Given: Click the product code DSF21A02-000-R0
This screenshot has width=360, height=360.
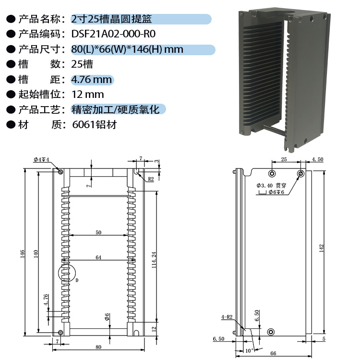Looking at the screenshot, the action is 113,34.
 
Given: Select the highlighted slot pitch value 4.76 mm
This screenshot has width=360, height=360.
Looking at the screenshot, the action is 91,80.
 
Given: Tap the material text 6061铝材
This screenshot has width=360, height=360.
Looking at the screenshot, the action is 95,125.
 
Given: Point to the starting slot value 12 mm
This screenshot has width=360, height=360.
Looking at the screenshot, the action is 88,95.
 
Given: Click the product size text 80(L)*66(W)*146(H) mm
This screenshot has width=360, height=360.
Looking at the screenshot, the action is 127,49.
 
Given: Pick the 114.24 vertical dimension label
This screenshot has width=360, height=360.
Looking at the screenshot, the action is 154,260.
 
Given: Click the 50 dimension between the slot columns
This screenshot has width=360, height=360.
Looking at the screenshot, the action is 98,232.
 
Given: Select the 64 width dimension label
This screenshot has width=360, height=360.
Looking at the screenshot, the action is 98,257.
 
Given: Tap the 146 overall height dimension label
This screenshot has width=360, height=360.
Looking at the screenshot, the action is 22,254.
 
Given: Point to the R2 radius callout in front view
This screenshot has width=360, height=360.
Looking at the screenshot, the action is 151,179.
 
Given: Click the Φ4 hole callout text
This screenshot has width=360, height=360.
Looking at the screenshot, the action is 41,159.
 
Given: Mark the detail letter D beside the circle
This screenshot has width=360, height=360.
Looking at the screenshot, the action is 77,280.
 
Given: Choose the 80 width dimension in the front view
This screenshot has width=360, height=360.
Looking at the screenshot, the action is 98,347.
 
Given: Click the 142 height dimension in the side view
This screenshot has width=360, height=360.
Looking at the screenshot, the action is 322,249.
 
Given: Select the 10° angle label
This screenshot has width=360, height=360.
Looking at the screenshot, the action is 249,351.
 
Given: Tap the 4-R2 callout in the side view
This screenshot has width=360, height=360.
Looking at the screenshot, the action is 227,317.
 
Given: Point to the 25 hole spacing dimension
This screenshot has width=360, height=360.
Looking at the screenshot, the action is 284,159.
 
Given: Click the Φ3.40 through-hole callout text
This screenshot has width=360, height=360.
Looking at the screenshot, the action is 271,185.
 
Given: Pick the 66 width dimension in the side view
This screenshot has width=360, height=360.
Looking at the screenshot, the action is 273,353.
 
